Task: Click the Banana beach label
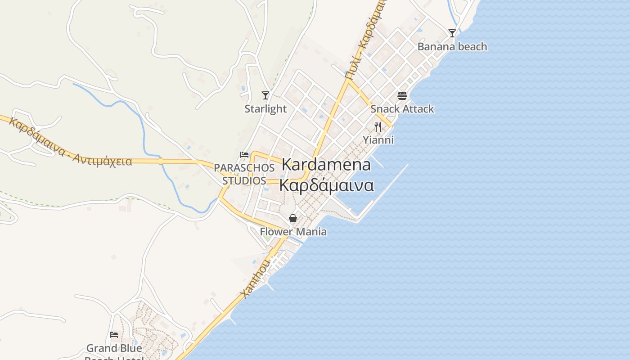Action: tap(452, 46)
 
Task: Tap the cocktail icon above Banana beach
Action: tap(452, 33)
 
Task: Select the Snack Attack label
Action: tap(402, 108)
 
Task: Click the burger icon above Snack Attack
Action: tap(402, 95)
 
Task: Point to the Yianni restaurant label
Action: tap(378, 140)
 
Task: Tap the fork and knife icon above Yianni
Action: tap(378, 127)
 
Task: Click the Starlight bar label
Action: tap(265, 108)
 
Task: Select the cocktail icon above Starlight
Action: tap(265, 95)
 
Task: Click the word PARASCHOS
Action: tap(244, 167)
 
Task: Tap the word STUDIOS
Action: tap(244, 180)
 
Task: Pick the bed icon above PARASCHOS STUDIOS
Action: tap(244, 154)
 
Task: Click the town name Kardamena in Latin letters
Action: tap(326, 165)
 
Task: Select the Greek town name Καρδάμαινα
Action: tap(326, 185)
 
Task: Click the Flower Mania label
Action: tap(293, 232)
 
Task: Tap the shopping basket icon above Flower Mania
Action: tap(293, 218)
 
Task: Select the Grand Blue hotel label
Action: tap(114, 348)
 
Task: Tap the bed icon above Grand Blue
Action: tap(114, 334)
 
